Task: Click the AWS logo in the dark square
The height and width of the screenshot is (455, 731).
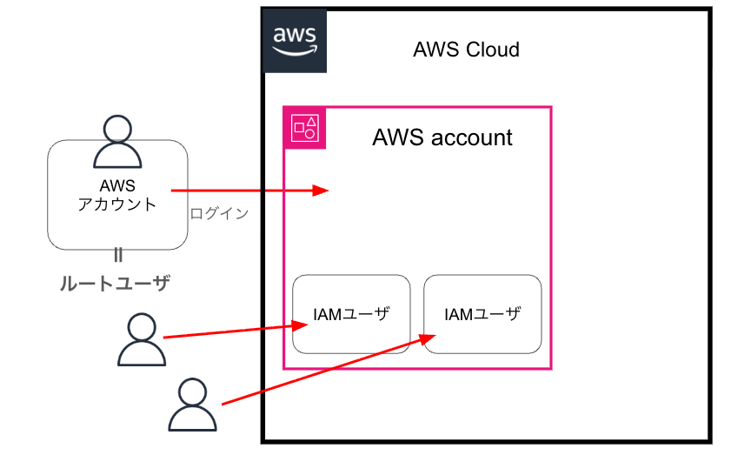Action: tap(295, 40)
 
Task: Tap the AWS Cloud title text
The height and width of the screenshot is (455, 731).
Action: tap(466, 50)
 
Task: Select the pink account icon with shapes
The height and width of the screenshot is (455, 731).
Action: tap(305, 128)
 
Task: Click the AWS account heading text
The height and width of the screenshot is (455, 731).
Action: tap(442, 137)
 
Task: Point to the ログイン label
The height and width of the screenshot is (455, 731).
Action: tap(219, 213)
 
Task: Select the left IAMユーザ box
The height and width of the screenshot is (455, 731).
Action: tap(351, 314)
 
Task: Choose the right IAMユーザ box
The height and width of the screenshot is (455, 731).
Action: tap(482, 314)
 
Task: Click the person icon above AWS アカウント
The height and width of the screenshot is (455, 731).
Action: tap(117, 141)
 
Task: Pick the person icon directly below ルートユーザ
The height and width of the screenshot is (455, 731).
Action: tap(142, 340)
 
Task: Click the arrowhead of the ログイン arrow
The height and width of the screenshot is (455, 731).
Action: tap(322, 191)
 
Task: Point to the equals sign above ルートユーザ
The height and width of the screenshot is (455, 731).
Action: tap(118, 255)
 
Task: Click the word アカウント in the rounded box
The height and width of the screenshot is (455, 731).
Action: tap(117, 205)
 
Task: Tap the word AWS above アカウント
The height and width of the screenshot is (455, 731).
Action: tap(117, 185)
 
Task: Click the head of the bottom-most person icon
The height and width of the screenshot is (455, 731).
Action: tap(192, 391)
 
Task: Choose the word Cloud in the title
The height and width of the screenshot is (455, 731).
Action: tap(493, 50)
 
